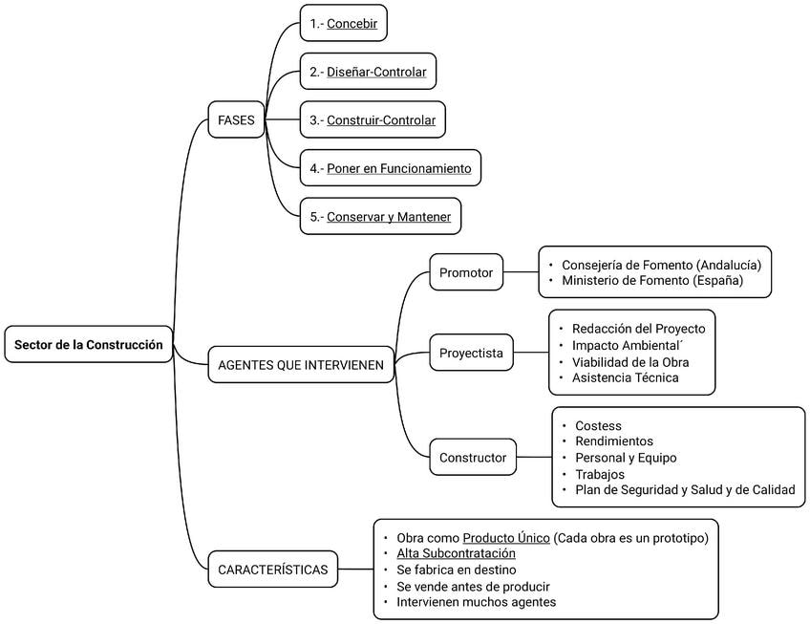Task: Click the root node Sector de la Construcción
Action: coord(88,344)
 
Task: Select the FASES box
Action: coord(236,120)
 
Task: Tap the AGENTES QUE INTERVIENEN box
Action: coord(301,365)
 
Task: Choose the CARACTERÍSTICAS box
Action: coord(273,570)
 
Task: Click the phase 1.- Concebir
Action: coord(344,23)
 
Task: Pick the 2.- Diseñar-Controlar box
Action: coord(368,72)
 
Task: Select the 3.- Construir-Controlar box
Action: coord(373,120)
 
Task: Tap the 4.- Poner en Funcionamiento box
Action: coord(391,168)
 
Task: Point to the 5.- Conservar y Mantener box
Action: coord(380,217)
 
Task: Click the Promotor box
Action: coord(466,272)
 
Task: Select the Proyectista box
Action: coord(471,353)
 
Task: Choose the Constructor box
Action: coord(473,457)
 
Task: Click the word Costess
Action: coord(598,425)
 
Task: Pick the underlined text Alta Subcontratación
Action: coord(457,553)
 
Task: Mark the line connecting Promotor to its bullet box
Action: coord(521,272)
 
